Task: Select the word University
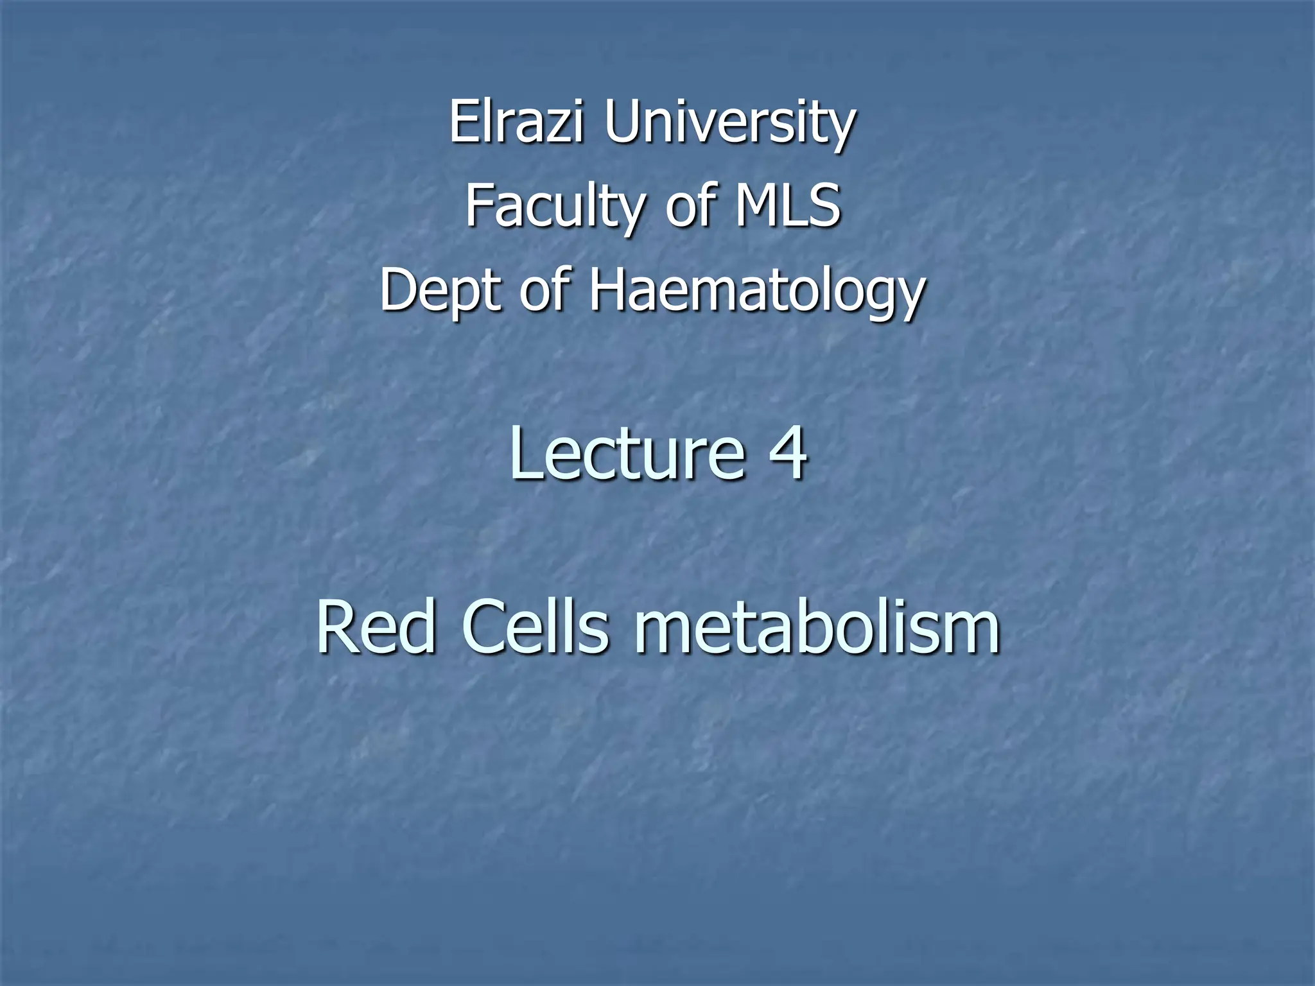point(729,123)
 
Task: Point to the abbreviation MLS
point(787,205)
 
